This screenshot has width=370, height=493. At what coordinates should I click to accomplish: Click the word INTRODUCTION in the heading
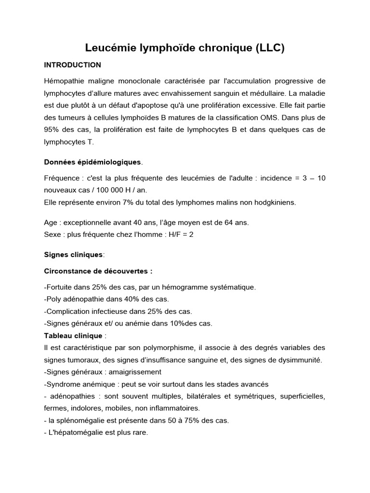[x=72, y=65]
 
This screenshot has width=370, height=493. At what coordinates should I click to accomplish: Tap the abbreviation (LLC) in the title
[x=270, y=48]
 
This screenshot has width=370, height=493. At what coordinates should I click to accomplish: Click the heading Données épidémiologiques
[x=92, y=162]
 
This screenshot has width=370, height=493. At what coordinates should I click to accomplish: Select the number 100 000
[x=108, y=190]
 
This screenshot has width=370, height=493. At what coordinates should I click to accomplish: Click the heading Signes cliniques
[x=73, y=254]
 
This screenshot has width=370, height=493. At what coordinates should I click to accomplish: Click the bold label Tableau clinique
[x=73, y=336]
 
